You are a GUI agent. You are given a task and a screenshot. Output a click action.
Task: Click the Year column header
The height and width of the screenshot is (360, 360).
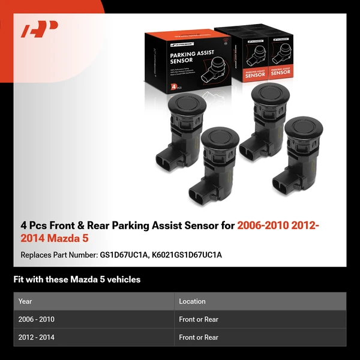coord(25,301)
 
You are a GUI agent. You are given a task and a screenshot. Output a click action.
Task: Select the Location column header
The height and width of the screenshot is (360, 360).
coord(192,301)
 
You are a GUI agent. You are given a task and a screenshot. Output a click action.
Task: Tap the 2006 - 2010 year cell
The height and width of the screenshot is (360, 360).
coord(37,319)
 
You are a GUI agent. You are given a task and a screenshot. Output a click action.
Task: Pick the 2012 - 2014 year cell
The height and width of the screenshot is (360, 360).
coord(37,337)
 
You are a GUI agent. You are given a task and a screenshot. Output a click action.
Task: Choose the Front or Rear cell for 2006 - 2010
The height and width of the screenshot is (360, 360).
coord(199,319)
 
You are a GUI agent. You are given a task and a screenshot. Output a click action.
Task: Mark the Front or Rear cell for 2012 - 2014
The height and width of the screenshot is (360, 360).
coord(199,337)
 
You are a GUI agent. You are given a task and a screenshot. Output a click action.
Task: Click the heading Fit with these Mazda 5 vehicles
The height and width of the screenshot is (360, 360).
coord(77,280)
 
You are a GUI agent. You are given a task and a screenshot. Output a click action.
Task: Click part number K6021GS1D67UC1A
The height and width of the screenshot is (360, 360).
coord(187,255)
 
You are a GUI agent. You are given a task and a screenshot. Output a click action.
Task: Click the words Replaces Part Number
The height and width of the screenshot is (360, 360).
coord(58,255)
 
